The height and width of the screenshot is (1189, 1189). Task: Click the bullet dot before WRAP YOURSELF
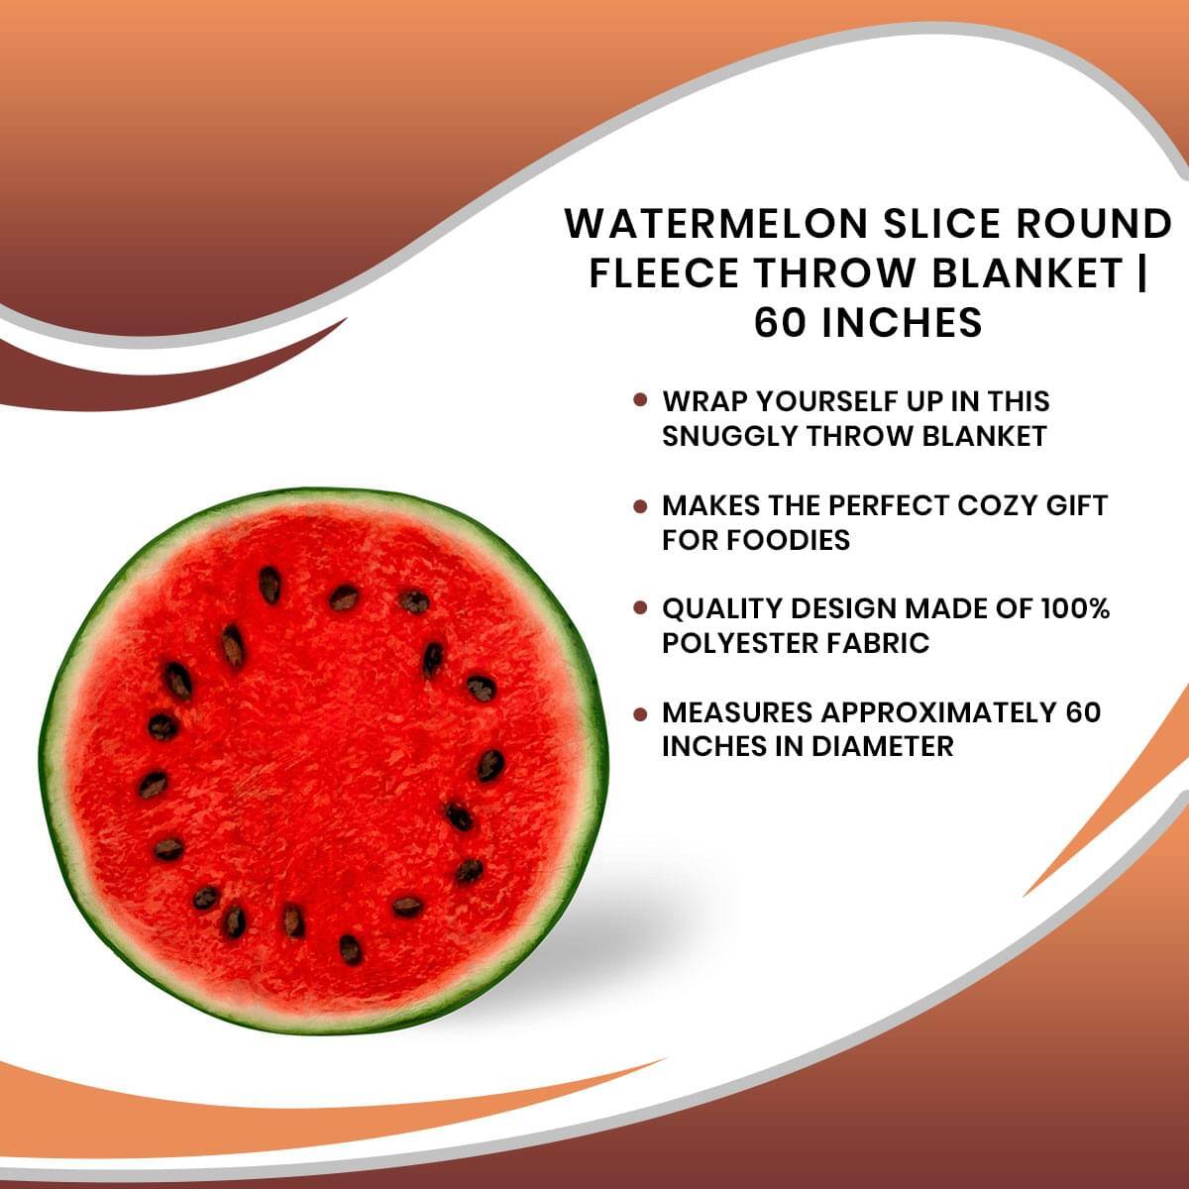coord(640,401)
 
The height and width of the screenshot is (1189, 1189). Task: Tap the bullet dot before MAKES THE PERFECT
coord(640,505)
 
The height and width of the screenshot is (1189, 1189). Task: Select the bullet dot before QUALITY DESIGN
coord(640,608)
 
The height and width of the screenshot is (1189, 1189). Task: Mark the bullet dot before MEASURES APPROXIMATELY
coord(640,712)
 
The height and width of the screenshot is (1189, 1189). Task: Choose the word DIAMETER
coord(882,746)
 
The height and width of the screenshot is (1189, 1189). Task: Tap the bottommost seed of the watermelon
coord(351,949)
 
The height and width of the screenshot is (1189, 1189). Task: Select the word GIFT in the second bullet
coord(1079,505)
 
